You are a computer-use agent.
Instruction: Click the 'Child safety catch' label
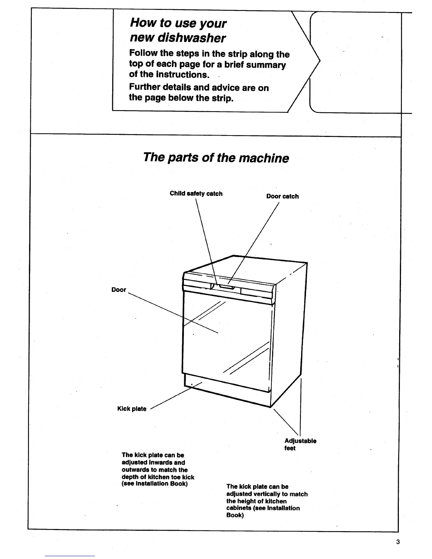(196, 193)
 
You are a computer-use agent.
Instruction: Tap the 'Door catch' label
(282, 196)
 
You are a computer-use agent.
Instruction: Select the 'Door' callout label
(119, 290)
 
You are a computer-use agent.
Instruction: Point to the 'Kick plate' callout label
(132, 409)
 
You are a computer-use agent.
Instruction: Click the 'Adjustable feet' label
(300, 444)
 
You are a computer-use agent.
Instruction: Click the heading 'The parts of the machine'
(216, 157)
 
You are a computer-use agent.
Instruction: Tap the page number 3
(398, 542)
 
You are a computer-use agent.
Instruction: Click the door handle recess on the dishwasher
(226, 287)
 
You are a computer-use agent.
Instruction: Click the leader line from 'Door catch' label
(254, 244)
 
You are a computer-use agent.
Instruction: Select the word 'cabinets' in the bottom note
(239, 508)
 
